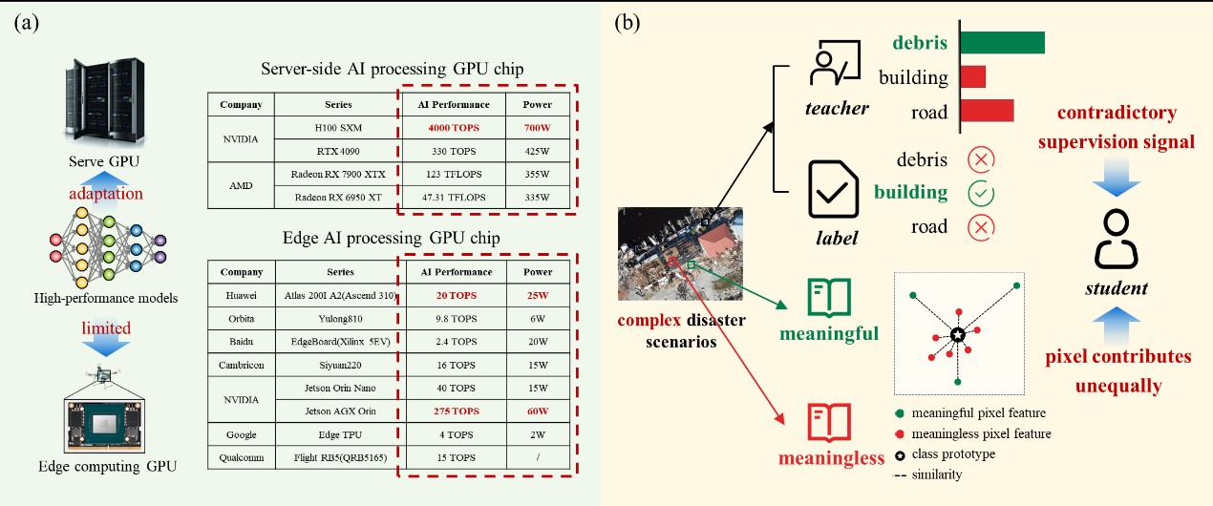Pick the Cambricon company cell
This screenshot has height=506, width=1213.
coord(241,364)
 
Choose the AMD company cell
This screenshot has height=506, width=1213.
coord(241,186)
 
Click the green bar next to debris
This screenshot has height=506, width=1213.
coord(1002,42)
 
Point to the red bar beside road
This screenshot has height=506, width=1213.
coord(987,111)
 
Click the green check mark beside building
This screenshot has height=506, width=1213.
coord(981,192)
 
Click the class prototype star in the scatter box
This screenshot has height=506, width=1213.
coord(958,335)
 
